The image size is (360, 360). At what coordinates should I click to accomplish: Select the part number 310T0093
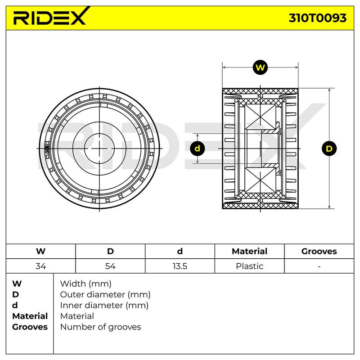[x=318, y=18]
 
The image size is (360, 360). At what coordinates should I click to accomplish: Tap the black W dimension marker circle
[x=260, y=67]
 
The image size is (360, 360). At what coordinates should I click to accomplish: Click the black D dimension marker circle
[x=329, y=148]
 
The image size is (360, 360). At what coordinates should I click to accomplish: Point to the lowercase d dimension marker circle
[x=198, y=148]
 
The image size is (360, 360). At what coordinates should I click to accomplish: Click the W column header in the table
[x=40, y=251]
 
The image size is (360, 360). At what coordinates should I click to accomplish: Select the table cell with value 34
[x=40, y=266]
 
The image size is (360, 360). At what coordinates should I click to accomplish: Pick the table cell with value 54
[x=110, y=266]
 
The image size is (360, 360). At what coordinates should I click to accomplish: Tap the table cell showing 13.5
[x=180, y=266]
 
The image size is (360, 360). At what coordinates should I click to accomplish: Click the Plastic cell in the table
[x=250, y=266]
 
